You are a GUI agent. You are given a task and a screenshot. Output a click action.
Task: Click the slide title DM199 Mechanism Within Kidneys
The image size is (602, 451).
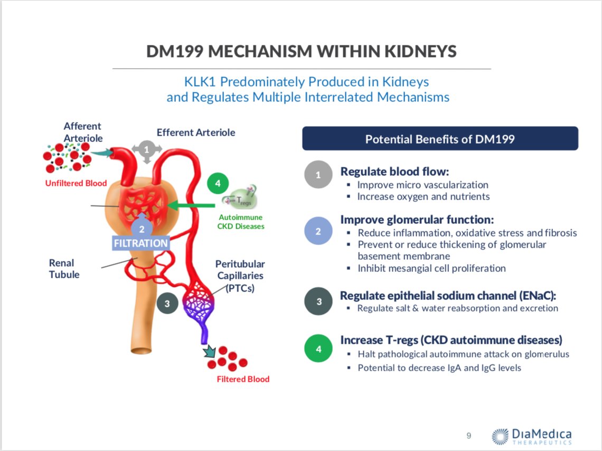[x=301, y=52]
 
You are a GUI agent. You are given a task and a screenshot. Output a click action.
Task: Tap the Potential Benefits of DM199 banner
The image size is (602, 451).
[x=440, y=138]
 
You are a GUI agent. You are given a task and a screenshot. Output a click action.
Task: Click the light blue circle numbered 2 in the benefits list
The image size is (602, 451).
[x=318, y=231]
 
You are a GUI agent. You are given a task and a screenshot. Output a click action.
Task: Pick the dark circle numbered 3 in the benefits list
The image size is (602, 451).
[x=318, y=302]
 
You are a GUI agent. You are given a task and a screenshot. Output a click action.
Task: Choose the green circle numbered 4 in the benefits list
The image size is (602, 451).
[x=318, y=349]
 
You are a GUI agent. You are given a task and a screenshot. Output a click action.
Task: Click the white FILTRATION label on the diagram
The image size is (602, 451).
[x=141, y=243]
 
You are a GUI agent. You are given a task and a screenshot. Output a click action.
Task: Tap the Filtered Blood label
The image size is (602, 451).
[x=243, y=379]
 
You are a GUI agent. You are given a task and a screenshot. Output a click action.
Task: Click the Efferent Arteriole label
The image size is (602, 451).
[x=196, y=132]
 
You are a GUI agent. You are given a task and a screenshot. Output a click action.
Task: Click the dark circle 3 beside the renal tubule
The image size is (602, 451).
[x=167, y=303]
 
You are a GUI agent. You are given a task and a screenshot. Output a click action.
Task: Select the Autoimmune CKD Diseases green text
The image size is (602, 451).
[x=240, y=222]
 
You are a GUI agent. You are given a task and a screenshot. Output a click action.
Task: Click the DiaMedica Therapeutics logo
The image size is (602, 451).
[x=531, y=436]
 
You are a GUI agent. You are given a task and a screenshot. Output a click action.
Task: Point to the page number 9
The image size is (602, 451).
[x=468, y=436]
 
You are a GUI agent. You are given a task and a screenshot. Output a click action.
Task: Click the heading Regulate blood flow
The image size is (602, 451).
[x=394, y=172]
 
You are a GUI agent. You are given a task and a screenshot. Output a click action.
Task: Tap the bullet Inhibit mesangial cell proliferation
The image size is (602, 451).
[x=431, y=268]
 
